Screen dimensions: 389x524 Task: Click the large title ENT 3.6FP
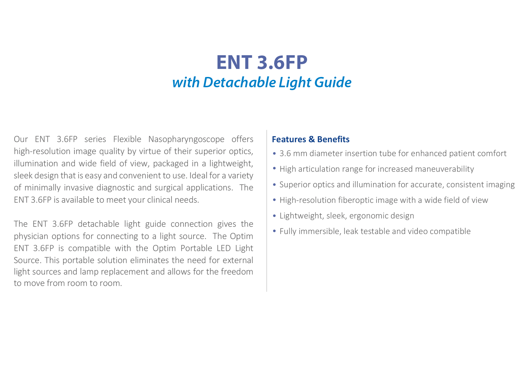tap(262, 62)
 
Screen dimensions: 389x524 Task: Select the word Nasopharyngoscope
tap(186, 139)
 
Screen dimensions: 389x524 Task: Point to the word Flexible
tap(127, 139)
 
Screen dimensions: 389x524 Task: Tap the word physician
tap(31, 236)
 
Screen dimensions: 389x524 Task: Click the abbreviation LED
tap(224, 248)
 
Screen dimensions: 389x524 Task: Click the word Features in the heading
tap(289, 139)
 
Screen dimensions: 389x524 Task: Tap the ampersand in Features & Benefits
tap(312, 139)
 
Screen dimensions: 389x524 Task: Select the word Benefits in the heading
tap(333, 139)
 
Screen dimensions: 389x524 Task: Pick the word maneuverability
tap(444, 169)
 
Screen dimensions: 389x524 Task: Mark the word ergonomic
tap(367, 216)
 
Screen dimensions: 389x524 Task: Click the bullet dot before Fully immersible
tap(274, 231)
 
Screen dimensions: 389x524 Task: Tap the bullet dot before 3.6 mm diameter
tap(274, 153)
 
